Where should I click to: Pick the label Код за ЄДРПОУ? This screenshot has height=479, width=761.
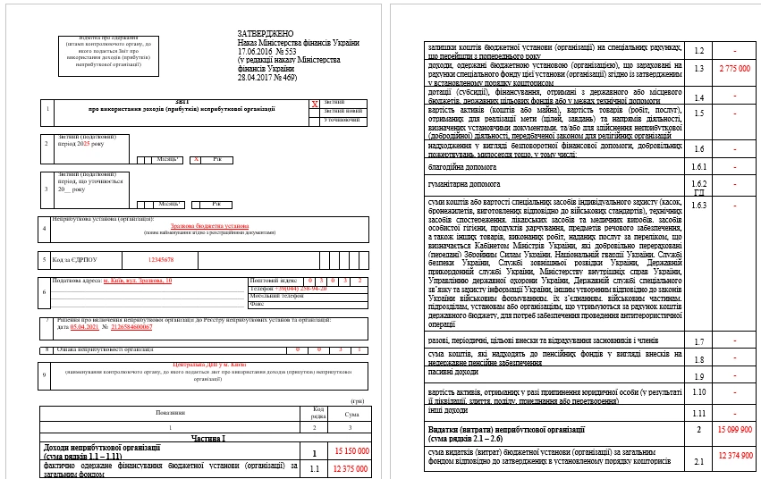[73, 260]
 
